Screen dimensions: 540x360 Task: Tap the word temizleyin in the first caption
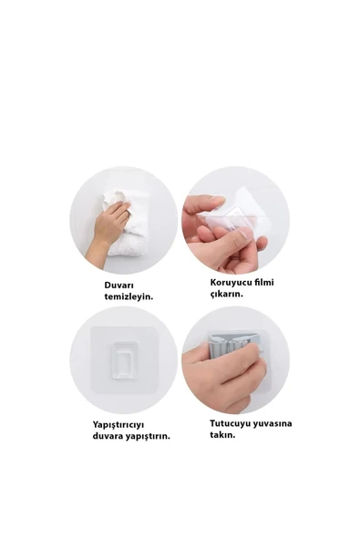pyautogui.click(x=129, y=296)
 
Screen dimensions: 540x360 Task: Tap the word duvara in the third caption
pyautogui.click(x=109, y=435)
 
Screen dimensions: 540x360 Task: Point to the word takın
pyautogui.click(x=222, y=435)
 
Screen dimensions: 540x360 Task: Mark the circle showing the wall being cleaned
pyautogui.click(x=124, y=220)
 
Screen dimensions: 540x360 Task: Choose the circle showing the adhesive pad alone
pyautogui.click(x=124, y=359)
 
